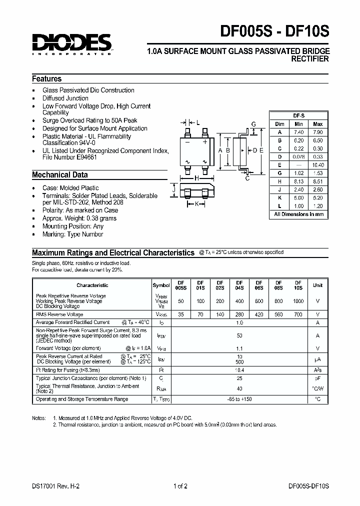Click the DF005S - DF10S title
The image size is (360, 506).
click(275, 32)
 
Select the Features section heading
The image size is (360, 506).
click(46, 79)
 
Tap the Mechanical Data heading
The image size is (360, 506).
click(59, 175)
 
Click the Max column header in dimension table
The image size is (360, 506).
click(317, 123)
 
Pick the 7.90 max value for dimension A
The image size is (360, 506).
click(317, 132)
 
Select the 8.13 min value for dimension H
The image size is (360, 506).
click(298, 181)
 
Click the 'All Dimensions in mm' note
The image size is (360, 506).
click(298, 214)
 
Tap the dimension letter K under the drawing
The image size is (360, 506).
click(196, 204)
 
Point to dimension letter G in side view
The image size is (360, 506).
click(253, 124)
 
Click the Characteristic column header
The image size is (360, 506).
click(92, 285)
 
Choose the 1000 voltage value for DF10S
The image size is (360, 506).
click(298, 301)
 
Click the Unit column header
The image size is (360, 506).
click(317, 285)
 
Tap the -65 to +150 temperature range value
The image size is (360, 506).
click(239, 399)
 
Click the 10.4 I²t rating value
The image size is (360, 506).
click(239, 369)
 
